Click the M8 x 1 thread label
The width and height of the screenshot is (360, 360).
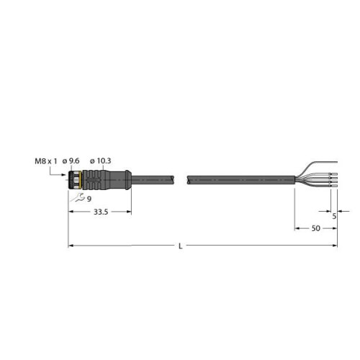pyautogui.click(x=46, y=161)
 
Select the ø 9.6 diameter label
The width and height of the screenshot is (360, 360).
pyautogui.click(x=71, y=161)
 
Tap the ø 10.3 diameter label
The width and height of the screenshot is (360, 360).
pyautogui.click(x=100, y=161)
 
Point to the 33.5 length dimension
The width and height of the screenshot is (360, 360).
pyautogui.click(x=101, y=212)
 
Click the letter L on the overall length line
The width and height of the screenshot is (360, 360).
pyautogui.click(x=181, y=246)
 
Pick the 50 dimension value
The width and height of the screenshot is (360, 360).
pyautogui.click(x=316, y=228)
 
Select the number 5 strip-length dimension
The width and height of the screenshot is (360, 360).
pyautogui.click(x=334, y=216)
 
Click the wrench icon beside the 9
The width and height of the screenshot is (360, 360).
pyautogui.click(x=79, y=197)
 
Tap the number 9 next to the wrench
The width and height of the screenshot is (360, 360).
pyautogui.click(x=89, y=199)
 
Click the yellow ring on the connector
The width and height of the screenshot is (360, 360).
pyautogui.click(x=82, y=180)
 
